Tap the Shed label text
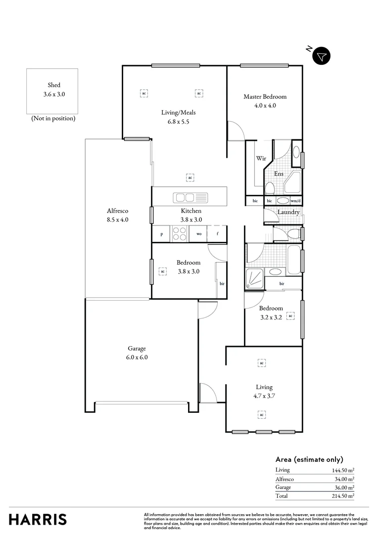coord(54,85)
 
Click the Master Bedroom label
coord(265,97)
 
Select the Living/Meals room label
coord(178,112)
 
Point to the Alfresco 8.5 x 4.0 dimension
coord(117,220)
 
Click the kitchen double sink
coord(185,198)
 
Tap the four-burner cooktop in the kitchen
coord(179,233)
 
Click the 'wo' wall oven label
coord(198,234)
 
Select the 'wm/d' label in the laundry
coord(295,201)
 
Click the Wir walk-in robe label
coord(261,159)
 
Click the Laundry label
coord(288,212)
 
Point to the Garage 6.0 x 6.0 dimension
coord(137,357)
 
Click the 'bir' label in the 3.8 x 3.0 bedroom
coord(222,283)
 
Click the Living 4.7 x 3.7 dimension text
coord(264,396)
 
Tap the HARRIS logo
coord(38,520)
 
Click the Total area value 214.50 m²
coord(343,496)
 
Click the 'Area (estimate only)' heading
coord(309,459)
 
